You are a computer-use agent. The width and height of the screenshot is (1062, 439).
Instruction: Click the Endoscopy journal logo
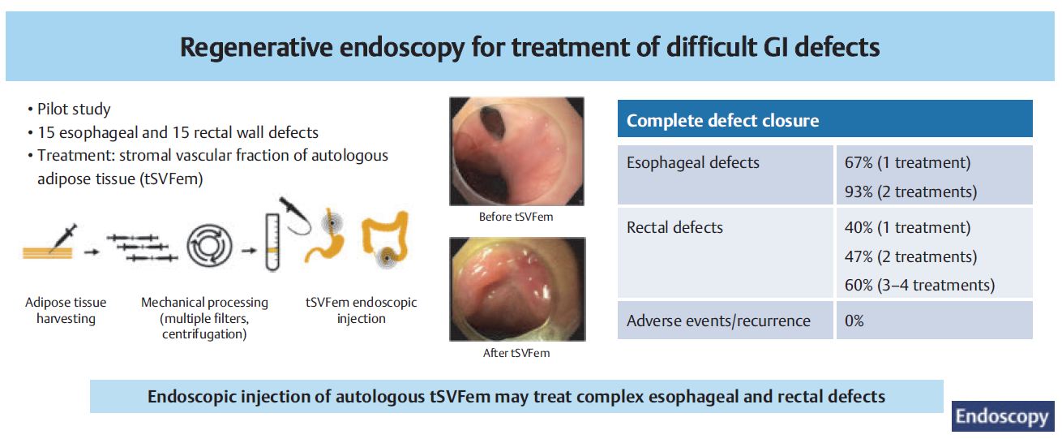pyautogui.click(x=1002, y=416)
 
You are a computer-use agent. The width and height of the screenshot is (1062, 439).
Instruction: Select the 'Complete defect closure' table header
pyautogui.click(x=722, y=121)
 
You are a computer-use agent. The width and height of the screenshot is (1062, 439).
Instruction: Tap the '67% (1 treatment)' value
pyautogui.click(x=907, y=162)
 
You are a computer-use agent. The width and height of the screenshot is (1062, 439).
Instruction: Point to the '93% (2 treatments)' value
pyautogui.click(x=910, y=192)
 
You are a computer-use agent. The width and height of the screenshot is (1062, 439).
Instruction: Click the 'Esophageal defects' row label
pyautogui.click(x=692, y=162)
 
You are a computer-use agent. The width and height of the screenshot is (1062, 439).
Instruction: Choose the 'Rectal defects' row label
pyautogui.click(x=674, y=227)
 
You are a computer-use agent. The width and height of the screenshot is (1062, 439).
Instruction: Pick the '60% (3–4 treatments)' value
pyautogui.click(x=919, y=285)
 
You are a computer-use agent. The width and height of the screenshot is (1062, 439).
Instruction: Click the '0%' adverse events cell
pyautogui.click(x=854, y=321)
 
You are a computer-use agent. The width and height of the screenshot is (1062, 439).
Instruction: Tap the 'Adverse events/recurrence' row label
pyautogui.click(x=718, y=321)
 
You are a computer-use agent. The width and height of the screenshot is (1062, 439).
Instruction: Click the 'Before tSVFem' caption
pyautogui.click(x=516, y=217)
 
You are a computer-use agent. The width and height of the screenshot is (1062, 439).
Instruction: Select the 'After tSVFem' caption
pyautogui.click(x=516, y=353)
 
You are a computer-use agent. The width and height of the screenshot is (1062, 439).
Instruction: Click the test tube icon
pyautogui.click(x=272, y=242)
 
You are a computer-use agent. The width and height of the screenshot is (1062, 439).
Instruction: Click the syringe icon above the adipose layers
pyautogui.click(x=63, y=237)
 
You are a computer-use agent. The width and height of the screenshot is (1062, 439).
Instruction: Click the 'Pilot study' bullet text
pyautogui.click(x=74, y=110)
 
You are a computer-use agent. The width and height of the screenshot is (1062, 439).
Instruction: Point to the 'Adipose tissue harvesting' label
pyautogui.click(x=66, y=311)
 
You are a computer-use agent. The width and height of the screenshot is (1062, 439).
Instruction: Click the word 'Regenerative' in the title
pyautogui.click(x=256, y=47)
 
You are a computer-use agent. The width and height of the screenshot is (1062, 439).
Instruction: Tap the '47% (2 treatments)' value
pyautogui.click(x=910, y=256)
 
